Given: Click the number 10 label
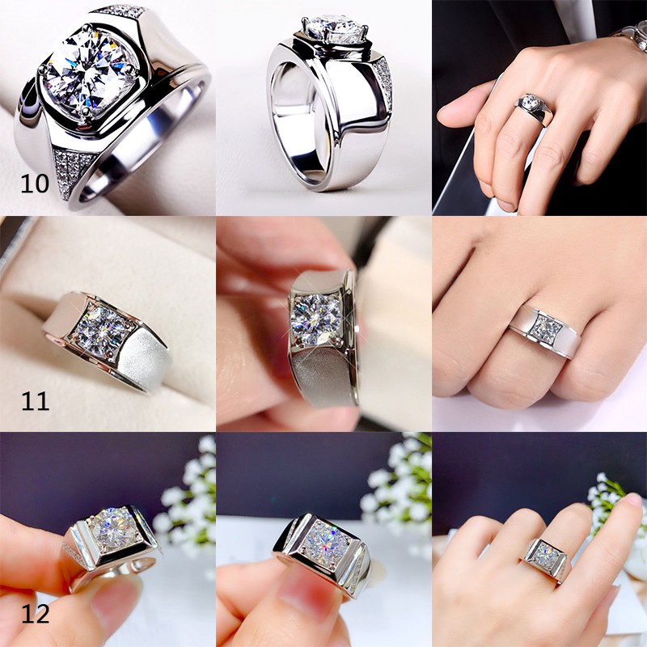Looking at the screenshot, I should point(35,184).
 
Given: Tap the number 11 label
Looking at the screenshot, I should point(35,400).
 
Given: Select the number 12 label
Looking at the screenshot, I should point(35,614).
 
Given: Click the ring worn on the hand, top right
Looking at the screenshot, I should point(535,108).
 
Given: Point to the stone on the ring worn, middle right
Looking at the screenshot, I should point(546,328).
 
